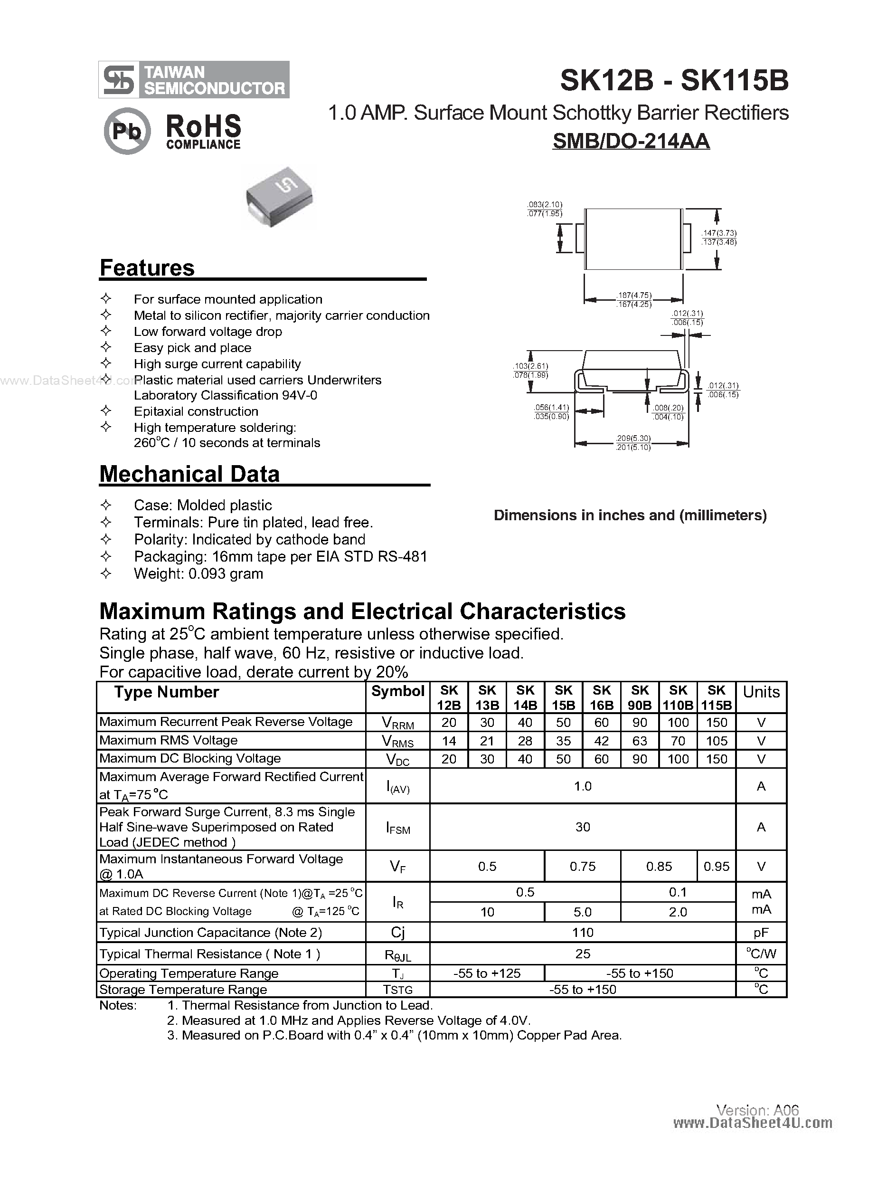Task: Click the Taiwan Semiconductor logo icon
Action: point(119,80)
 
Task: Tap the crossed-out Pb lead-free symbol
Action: point(127,131)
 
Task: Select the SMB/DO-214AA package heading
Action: point(631,141)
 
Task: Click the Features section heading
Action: point(147,268)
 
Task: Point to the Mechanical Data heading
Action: point(189,474)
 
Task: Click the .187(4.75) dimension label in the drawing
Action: point(633,295)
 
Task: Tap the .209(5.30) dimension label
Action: point(633,438)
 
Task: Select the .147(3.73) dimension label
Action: point(719,233)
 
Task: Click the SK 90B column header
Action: point(640,697)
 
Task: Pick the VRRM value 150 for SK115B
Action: point(716,723)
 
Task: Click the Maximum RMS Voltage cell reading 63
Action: point(640,741)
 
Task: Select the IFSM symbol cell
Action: point(398,827)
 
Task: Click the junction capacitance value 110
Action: point(582,932)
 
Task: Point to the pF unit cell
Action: point(761,932)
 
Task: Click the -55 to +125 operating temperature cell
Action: point(487,973)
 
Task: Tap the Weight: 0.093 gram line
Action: point(198,573)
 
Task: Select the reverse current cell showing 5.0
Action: point(582,912)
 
